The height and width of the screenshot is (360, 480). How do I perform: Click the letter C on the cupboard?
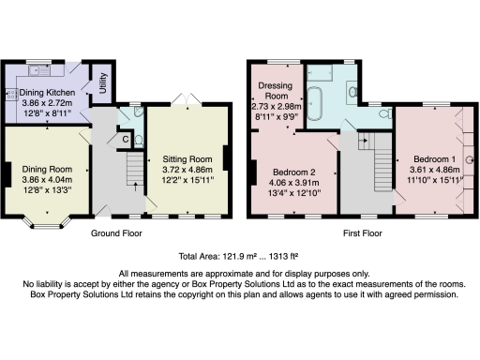[125, 140]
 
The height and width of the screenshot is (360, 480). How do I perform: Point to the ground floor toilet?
[138, 141]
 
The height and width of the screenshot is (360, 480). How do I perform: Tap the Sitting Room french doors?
[186, 99]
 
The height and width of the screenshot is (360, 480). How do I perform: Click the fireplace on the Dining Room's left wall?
[7, 173]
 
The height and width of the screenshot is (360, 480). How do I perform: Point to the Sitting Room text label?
[186, 159]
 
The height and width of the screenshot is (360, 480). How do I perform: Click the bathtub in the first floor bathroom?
[316, 98]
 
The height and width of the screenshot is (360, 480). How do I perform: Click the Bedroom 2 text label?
[292, 172]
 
